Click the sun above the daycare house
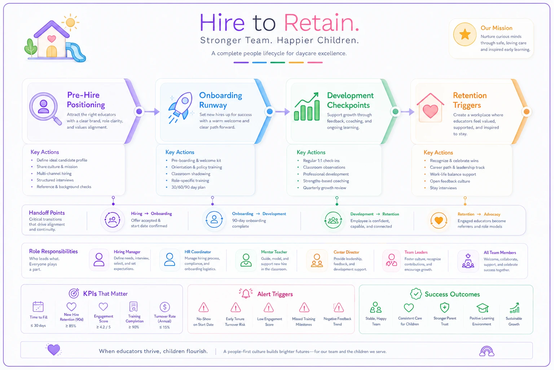pos(70,22)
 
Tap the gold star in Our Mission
pos(465,34)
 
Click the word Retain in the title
pos(321,23)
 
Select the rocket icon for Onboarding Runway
pos(181,108)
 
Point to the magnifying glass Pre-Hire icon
pos(45,108)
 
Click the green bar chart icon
pos(307,107)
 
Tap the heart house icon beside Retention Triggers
pos(430,108)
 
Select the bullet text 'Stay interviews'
pos(443,188)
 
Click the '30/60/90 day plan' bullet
pos(188,187)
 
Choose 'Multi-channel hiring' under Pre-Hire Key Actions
pos(54,173)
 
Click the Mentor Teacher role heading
pos(274,252)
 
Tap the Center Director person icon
pos(317,260)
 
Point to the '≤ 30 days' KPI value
pos(38,326)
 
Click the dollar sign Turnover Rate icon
pos(165,307)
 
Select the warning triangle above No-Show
pos(203,307)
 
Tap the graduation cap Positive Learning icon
pos(482,308)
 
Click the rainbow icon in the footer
pos(487,351)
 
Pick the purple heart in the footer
pos(54,350)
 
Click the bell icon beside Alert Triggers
pos(246,293)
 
